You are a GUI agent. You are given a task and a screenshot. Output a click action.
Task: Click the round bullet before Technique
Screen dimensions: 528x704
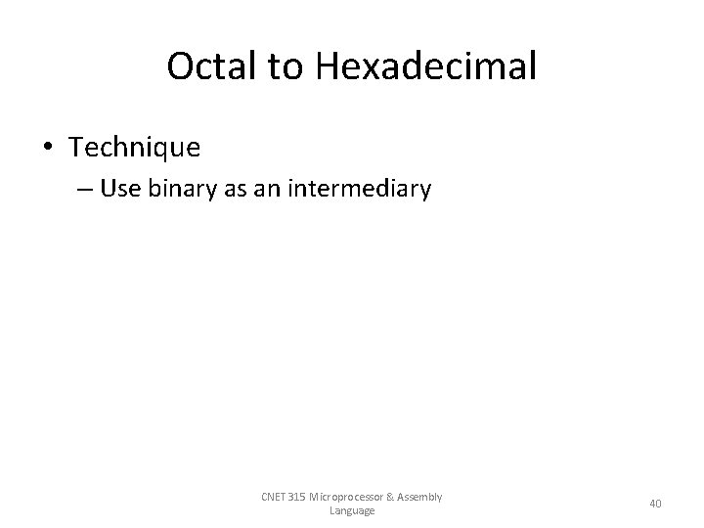(x=50, y=149)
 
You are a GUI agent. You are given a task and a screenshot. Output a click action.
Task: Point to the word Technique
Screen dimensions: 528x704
(x=135, y=148)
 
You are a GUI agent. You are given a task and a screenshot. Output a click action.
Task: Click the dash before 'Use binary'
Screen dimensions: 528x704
(x=83, y=189)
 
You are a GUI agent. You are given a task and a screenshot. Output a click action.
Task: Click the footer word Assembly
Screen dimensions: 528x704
(x=423, y=497)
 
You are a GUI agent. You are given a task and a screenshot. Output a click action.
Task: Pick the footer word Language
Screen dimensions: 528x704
(x=352, y=510)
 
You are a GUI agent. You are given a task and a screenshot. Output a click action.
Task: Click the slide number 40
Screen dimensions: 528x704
(x=655, y=504)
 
